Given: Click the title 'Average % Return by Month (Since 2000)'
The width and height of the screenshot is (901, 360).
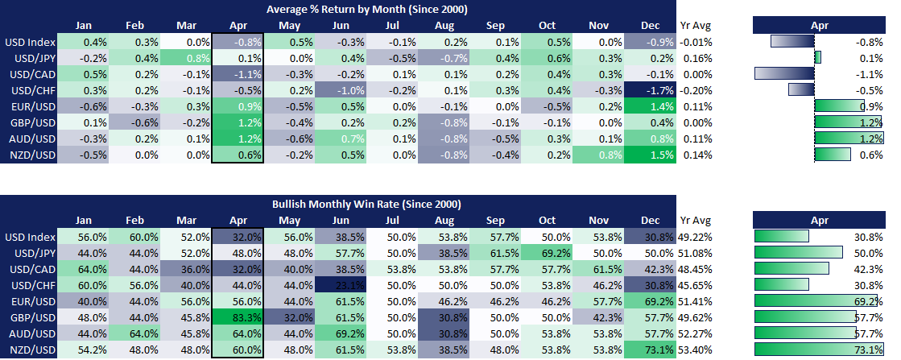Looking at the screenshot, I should tap(368, 9).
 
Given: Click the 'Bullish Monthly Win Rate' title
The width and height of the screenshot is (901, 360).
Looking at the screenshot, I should tap(368, 205).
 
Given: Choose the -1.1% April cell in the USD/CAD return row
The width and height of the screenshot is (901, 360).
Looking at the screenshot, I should tap(238, 73).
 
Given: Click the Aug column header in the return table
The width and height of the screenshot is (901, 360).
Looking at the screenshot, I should tap(443, 25).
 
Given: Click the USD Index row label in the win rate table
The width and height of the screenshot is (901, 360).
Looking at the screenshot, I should tap(29, 237).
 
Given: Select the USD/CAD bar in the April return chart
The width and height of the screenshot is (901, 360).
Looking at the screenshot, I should tap(785, 73).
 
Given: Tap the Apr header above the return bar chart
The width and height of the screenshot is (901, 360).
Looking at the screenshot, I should tap(819, 25).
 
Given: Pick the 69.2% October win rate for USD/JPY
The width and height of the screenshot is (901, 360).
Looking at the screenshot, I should tap(547, 253).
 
